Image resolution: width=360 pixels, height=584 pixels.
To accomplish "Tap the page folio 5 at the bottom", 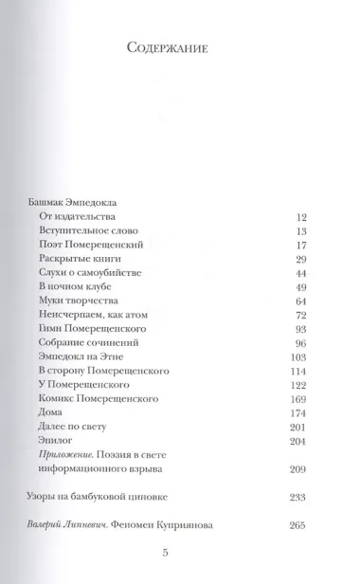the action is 179,580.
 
